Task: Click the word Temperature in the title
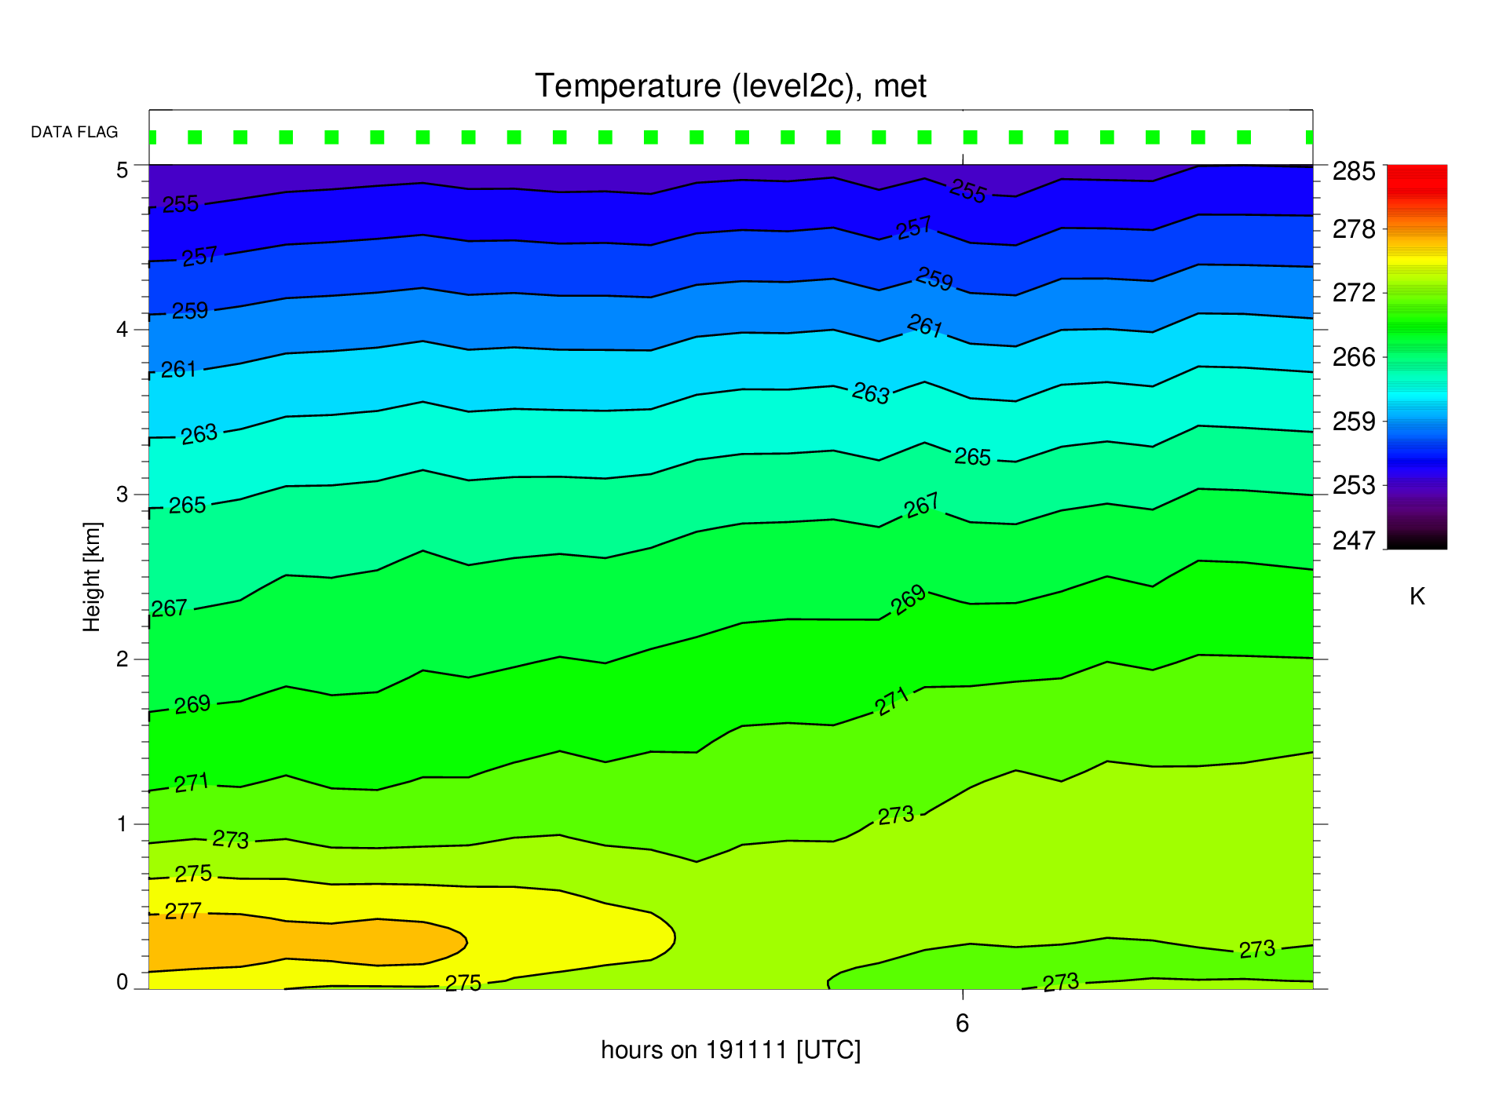coord(627,86)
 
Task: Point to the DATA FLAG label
coord(75,132)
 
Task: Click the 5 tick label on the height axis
coord(122,170)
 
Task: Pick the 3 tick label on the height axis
coord(122,495)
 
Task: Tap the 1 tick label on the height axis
coord(122,824)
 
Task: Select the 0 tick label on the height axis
coord(122,982)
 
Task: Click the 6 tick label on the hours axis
coord(963,1023)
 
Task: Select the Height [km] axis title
coord(92,577)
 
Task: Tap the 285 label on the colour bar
coord(1354,171)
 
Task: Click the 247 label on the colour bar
coord(1354,541)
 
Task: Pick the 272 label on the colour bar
coord(1354,293)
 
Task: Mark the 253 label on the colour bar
coord(1354,485)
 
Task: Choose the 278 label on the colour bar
coord(1354,229)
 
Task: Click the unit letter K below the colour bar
coord(1417,597)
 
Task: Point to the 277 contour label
coord(183,911)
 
